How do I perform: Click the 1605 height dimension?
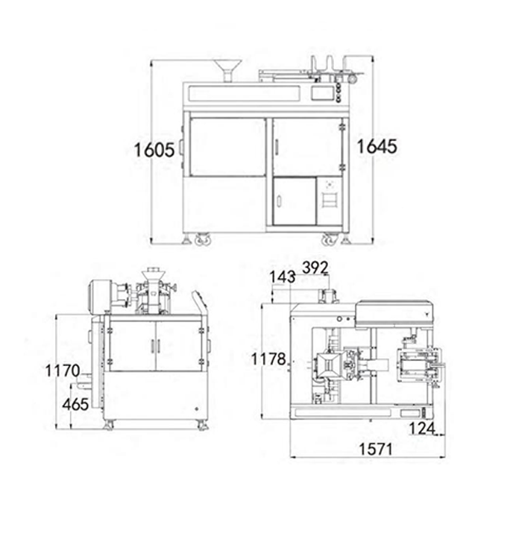click(154, 149)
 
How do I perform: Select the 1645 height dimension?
click(377, 146)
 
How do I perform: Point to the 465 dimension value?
click(75, 404)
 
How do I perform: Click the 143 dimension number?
click(282, 277)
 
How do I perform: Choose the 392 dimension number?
click(315, 268)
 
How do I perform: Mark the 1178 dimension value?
click(268, 359)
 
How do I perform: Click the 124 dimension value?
click(421, 428)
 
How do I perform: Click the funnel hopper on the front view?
click(227, 69)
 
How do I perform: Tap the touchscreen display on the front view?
click(322, 92)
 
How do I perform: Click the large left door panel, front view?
click(227, 146)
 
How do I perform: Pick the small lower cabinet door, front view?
click(294, 201)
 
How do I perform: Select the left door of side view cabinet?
click(132, 345)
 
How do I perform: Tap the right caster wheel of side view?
click(201, 425)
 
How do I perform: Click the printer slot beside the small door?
click(329, 200)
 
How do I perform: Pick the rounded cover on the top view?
click(395, 311)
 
